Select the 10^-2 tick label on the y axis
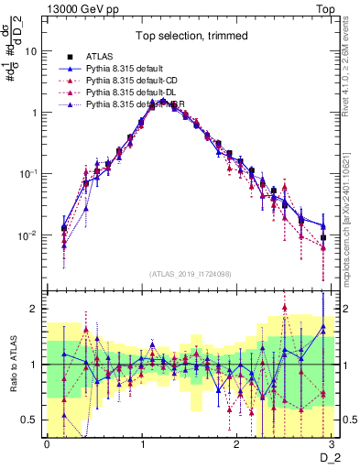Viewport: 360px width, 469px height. click(27, 235)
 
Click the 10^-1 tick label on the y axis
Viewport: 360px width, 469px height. click(27, 174)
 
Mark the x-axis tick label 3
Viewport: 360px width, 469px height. click(333, 442)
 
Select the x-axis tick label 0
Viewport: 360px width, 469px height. click(48, 442)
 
